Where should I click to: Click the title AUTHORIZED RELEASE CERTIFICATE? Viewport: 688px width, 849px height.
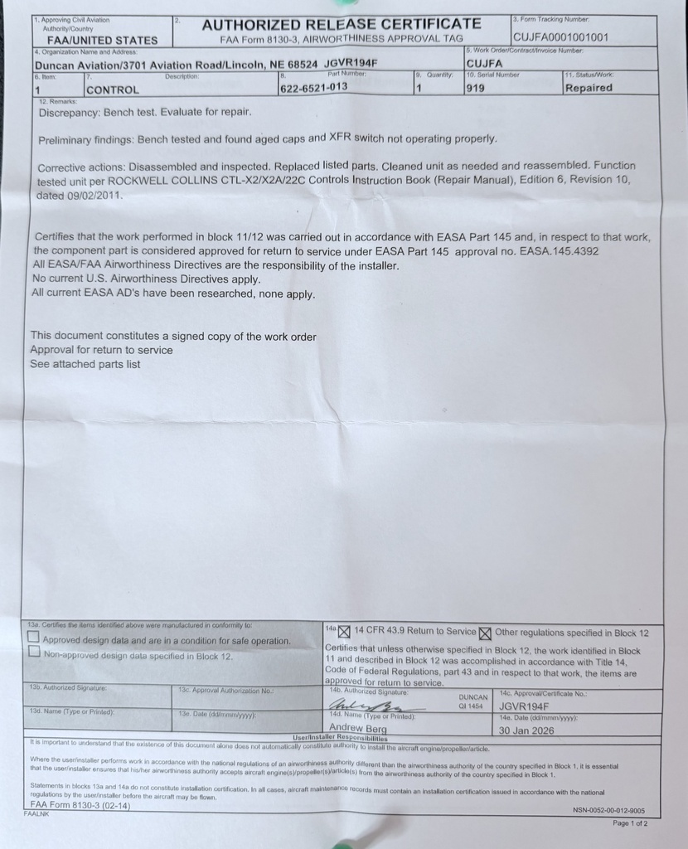[341, 23]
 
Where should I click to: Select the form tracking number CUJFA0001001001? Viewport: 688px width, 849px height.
[560, 37]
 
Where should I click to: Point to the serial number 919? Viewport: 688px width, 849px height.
[475, 88]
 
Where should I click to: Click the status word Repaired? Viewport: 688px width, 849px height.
[589, 88]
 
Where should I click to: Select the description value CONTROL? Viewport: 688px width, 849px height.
[113, 90]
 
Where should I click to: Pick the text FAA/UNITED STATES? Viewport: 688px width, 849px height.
[102, 40]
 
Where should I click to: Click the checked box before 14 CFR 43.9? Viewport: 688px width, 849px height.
[345, 633]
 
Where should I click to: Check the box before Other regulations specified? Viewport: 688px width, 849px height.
[486, 634]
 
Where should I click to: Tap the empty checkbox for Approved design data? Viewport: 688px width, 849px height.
[33, 638]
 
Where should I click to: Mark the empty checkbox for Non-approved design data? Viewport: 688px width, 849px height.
[33, 653]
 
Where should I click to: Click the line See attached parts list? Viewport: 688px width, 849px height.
[85, 364]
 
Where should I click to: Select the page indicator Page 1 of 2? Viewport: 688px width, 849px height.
[630, 823]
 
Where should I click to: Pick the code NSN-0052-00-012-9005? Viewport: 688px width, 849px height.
[608, 810]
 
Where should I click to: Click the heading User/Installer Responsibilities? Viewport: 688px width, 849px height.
[341, 737]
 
